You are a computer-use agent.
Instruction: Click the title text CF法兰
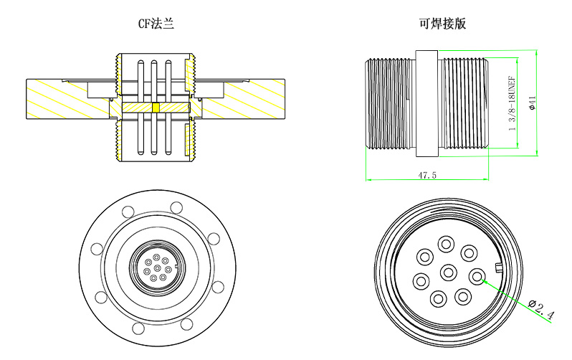pyautogui.click(x=156, y=24)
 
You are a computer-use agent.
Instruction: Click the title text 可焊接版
pyautogui.click(x=443, y=24)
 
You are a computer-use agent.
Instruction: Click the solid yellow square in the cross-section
pyautogui.click(x=156, y=108)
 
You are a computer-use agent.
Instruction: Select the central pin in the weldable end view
pyautogui.click(x=449, y=272)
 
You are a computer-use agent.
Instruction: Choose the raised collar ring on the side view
pyautogui.click(x=426, y=103)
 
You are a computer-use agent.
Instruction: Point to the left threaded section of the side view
pyautogui.click(x=390, y=103)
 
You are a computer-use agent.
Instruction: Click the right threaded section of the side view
pyautogui.click(x=464, y=103)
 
